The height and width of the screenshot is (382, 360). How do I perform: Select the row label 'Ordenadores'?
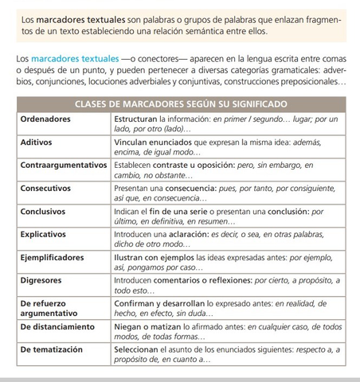coord(45,119)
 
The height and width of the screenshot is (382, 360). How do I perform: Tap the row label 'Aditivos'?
coord(37,142)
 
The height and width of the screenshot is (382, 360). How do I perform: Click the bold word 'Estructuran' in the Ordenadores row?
coord(139,119)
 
